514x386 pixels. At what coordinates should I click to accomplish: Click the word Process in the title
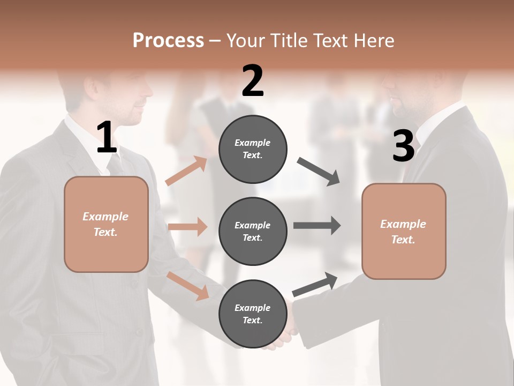[x=168, y=41]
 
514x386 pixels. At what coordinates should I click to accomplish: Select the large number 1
[x=107, y=138]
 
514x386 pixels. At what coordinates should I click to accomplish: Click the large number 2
[x=253, y=81]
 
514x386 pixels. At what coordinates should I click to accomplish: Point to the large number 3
[x=403, y=146]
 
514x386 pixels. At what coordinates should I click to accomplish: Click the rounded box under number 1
[x=106, y=224]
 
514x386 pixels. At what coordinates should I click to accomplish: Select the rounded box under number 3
[x=404, y=231]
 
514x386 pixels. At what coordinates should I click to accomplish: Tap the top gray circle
[x=253, y=149]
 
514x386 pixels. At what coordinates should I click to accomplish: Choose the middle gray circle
[x=253, y=231]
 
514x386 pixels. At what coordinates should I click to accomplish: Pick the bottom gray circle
[x=253, y=314]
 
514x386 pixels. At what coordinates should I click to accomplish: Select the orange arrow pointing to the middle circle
[x=187, y=227]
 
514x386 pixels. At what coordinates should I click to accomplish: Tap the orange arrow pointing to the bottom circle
[x=188, y=285]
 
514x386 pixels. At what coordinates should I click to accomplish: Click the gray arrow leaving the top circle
[x=319, y=172]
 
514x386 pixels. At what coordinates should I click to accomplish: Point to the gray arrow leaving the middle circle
[x=316, y=226]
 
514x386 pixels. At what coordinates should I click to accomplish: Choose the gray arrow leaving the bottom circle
[x=315, y=285]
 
